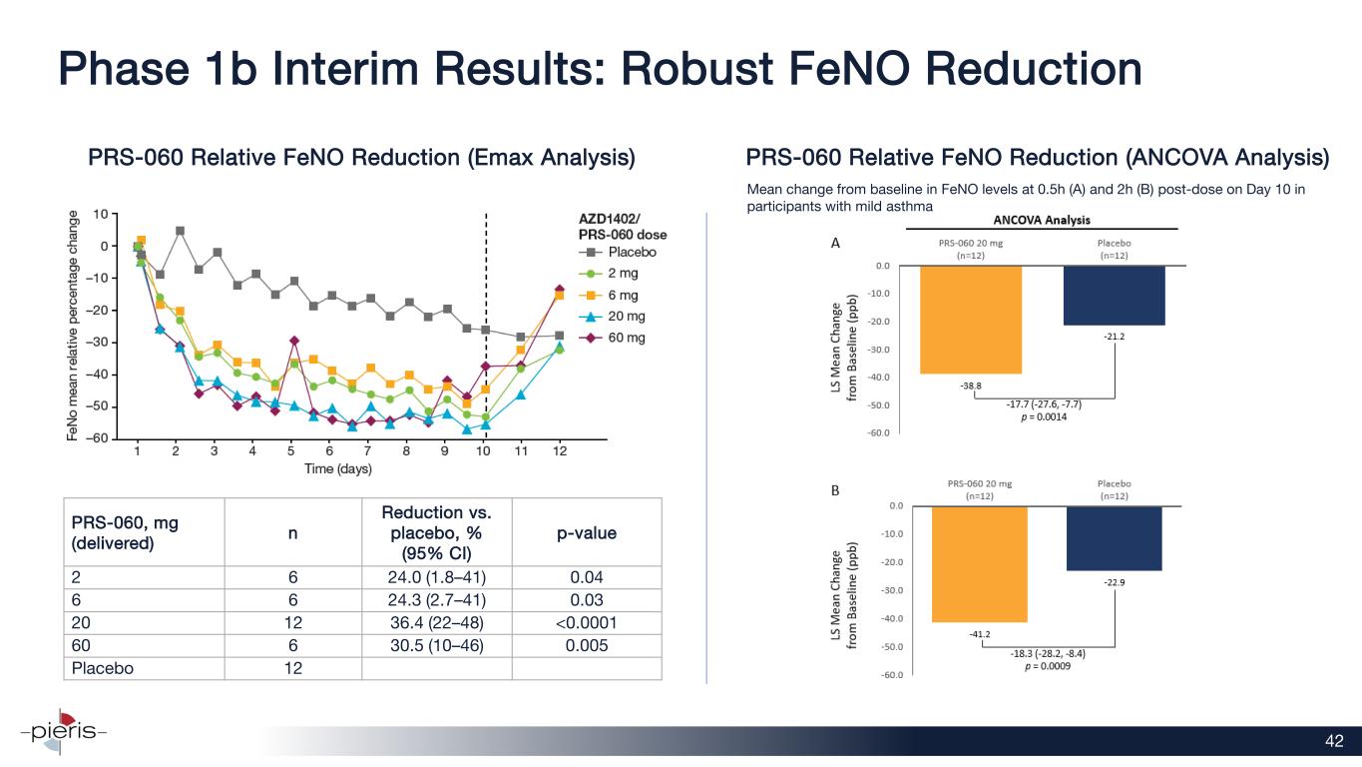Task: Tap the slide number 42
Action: point(1334,740)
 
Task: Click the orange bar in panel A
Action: point(971,320)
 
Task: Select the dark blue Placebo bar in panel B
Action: point(1115,538)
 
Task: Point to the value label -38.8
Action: point(971,384)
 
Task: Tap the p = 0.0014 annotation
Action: point(1043,417)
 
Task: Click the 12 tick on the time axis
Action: point(560,451)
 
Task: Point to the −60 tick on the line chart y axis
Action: point(100,439)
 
